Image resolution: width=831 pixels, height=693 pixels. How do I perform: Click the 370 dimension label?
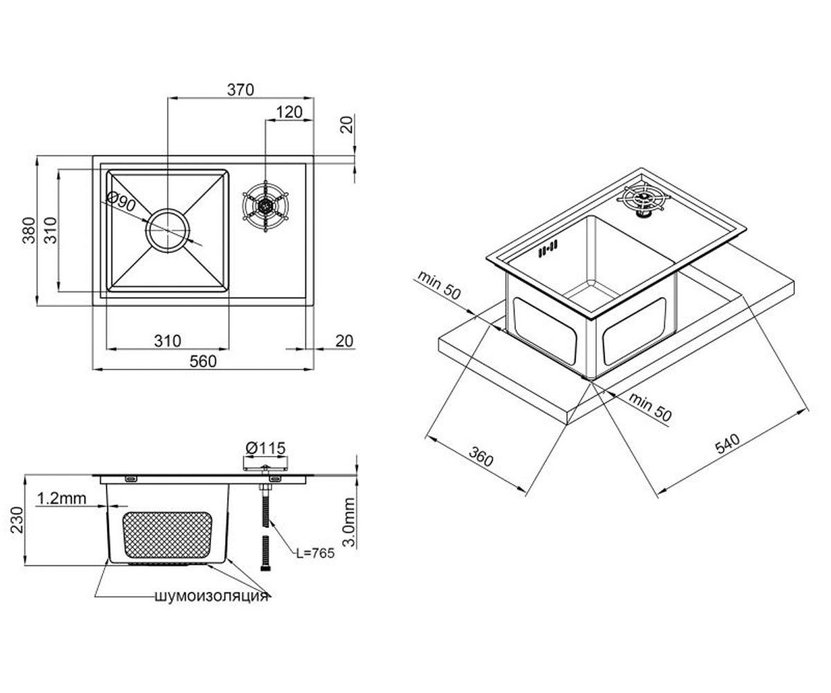[x=240, y=89]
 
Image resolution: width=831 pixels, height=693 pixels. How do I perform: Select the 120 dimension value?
[x=289, y=112]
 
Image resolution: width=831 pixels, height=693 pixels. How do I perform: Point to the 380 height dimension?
[x=29, y=230]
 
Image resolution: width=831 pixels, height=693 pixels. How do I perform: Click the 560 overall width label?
[x=203, y=361]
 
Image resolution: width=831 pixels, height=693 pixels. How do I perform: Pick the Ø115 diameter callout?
[x=265, y=448]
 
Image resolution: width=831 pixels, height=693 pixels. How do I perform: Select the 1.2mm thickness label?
[x=62, y=498]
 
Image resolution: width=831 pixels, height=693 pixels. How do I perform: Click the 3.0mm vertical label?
[x=348, y=522]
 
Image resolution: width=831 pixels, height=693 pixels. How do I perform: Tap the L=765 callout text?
[x=315, y=553]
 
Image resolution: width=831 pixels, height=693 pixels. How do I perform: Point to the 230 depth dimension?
[x=17, y=520]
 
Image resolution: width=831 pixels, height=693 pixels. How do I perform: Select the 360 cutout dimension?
[x=481, y=457]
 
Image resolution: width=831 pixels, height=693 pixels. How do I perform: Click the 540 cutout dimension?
[x=728, y=444]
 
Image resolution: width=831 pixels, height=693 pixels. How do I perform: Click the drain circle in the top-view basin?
[x=168, y=231]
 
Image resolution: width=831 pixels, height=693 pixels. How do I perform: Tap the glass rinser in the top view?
[x=265, y=206]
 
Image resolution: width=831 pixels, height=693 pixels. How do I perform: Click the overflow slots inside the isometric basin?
[x=548, y=248]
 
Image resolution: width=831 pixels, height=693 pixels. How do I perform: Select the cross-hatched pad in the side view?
[x=168, y=535]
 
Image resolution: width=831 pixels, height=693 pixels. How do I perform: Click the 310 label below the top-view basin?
[x=168, y=341]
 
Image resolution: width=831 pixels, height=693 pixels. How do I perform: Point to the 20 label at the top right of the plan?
[x=348, y=124]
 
